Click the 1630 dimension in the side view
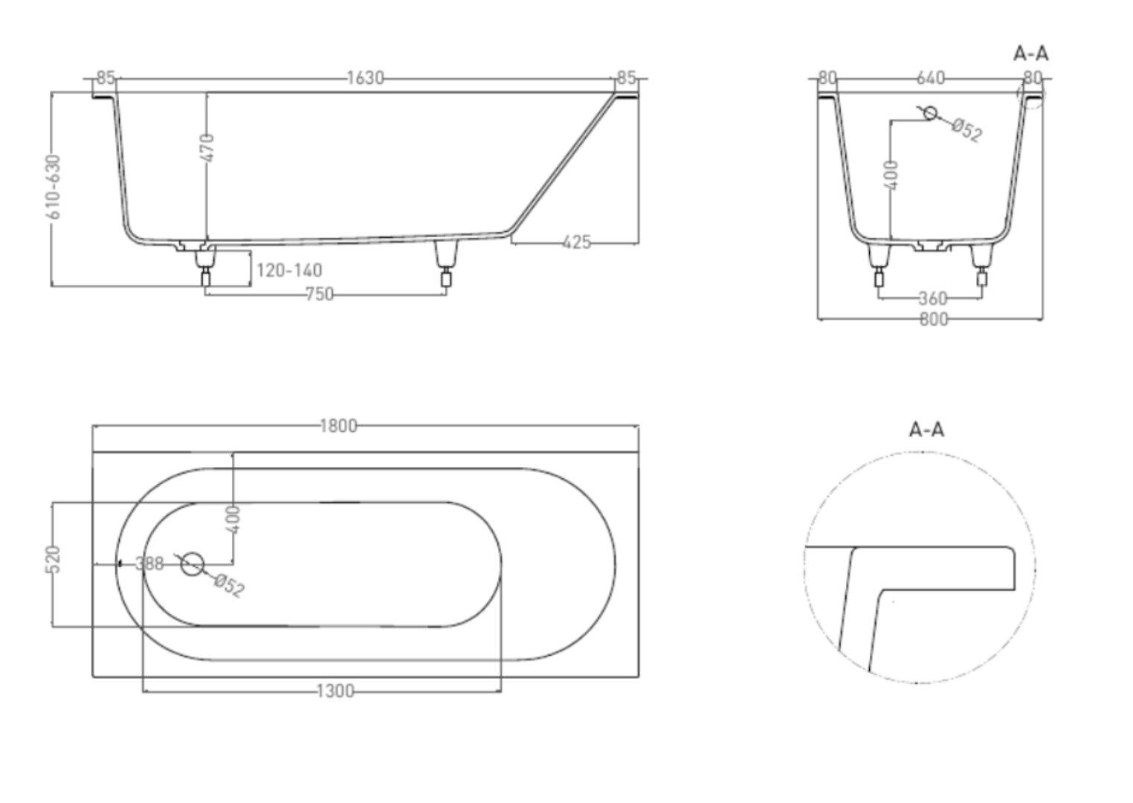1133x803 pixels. [x=365, y=78]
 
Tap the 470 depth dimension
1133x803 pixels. [x=207, y=148]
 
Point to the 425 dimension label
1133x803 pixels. [x=577, y=242]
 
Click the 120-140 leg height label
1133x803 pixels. [x=289, y=270]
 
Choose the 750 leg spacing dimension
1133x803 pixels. [x=320, y=294]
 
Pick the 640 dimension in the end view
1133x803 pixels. [x=930, y=78]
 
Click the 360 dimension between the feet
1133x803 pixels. [x=933, y=299]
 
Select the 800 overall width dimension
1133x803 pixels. [x=934, y=319]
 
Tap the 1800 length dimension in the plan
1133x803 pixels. [x=339, y=426]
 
